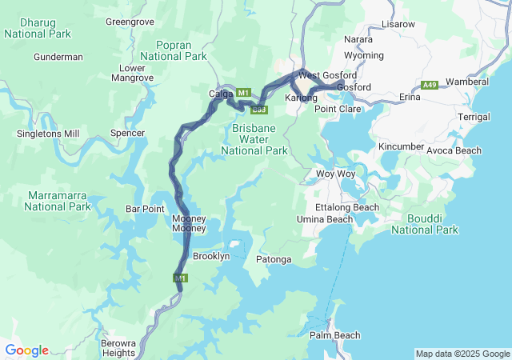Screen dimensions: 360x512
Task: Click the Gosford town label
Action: point(354,86)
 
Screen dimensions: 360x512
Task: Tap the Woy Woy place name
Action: point(336,174)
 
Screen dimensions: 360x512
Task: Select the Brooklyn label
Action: point(211,256)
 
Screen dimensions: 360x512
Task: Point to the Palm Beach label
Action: point(335,335)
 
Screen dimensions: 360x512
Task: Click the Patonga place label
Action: point(273,260)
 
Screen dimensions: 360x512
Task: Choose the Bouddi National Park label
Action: point(425,223)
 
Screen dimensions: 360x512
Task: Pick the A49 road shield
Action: point(430,85)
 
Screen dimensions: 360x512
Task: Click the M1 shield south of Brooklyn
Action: point(181,278)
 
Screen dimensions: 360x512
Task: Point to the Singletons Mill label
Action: point(50,133)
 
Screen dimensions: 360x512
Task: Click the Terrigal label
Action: point(474,117)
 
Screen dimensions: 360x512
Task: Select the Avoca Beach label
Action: point(454,150)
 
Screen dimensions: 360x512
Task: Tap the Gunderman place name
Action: point(58,57)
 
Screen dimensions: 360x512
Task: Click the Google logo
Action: point(26,350)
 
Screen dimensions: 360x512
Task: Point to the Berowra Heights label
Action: point(118,347)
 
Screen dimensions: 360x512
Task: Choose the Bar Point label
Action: point(145,209)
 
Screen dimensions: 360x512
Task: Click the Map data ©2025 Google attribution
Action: point(462,354)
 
